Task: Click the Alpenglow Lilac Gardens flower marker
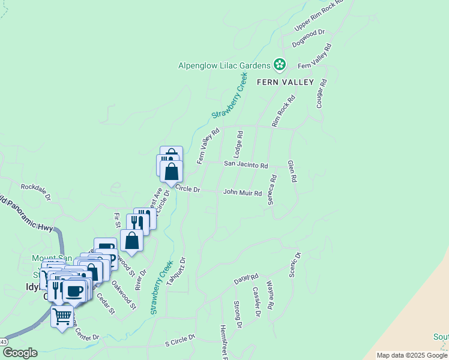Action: (x=279, y=64)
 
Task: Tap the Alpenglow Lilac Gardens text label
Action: (x=224, y=65)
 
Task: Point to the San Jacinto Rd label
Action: (x=246, y=163)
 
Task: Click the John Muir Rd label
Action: (x=243, y=193)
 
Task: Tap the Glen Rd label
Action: (x=292, y=172)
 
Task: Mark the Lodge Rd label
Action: (x=240, y=145)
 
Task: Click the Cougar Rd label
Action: (x=322, y=94)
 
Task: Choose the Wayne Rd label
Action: (x=271, y=296)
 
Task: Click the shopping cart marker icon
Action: (x=62, y=315)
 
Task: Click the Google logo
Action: (x=20, y=353)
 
